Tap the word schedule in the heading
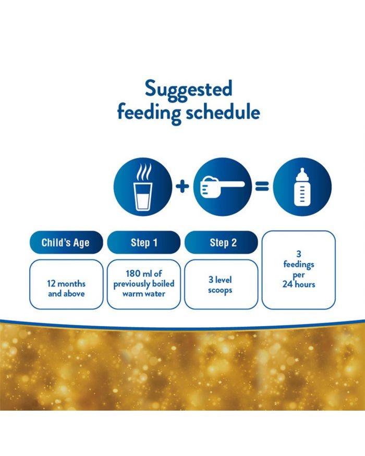(223, 112)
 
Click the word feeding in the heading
(149, 114)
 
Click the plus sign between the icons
(182, 187)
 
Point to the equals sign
(262, 187)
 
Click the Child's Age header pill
(66, 242)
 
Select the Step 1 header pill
(144, 242)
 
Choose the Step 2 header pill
(221, 242)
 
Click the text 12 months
(66, 284)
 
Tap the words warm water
(144, 294)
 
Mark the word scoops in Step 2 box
(220, 290)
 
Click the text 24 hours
(299, 284)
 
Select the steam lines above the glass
(144, 172)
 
